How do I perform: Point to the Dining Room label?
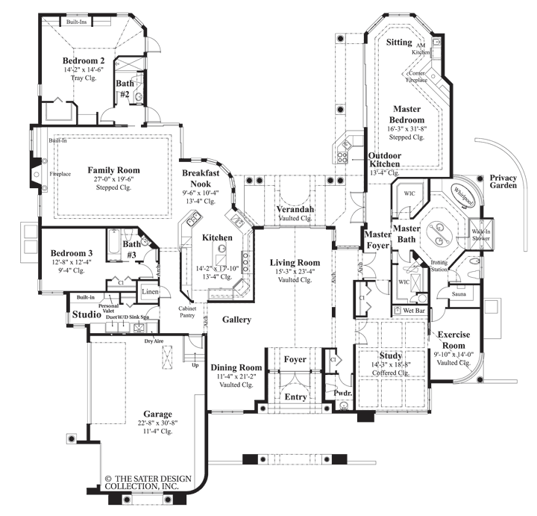click(x=236, y=367)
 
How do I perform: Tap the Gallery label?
click(x=236, y=320)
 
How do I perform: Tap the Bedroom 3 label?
click(x=69, y=250)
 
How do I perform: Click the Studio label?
click(x=87, y=315)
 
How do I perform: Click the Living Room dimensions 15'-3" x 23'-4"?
click(x=295, y=272)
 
